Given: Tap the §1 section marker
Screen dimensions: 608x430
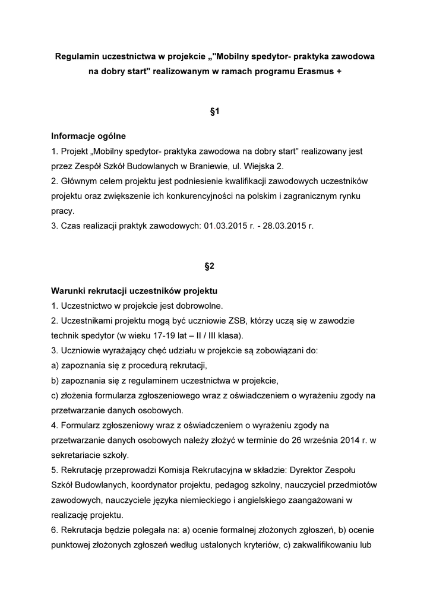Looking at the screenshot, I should click(x=215, y=111).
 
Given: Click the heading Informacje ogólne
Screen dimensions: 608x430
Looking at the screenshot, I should click(x=88, y=136).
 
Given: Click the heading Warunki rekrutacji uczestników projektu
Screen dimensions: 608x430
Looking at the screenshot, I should click(x=135, y=291).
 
